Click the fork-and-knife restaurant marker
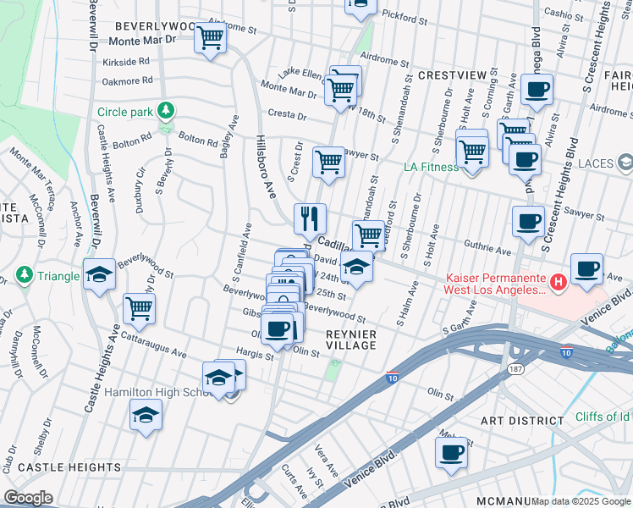311,218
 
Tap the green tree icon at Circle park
166,111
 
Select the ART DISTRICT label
521,421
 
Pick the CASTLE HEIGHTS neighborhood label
69,467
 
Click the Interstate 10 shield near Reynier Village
392,380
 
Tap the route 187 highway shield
514,369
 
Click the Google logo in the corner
28,497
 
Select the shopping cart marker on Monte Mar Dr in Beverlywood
209,37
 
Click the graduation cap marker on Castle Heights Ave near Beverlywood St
99,274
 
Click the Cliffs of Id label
602,416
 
